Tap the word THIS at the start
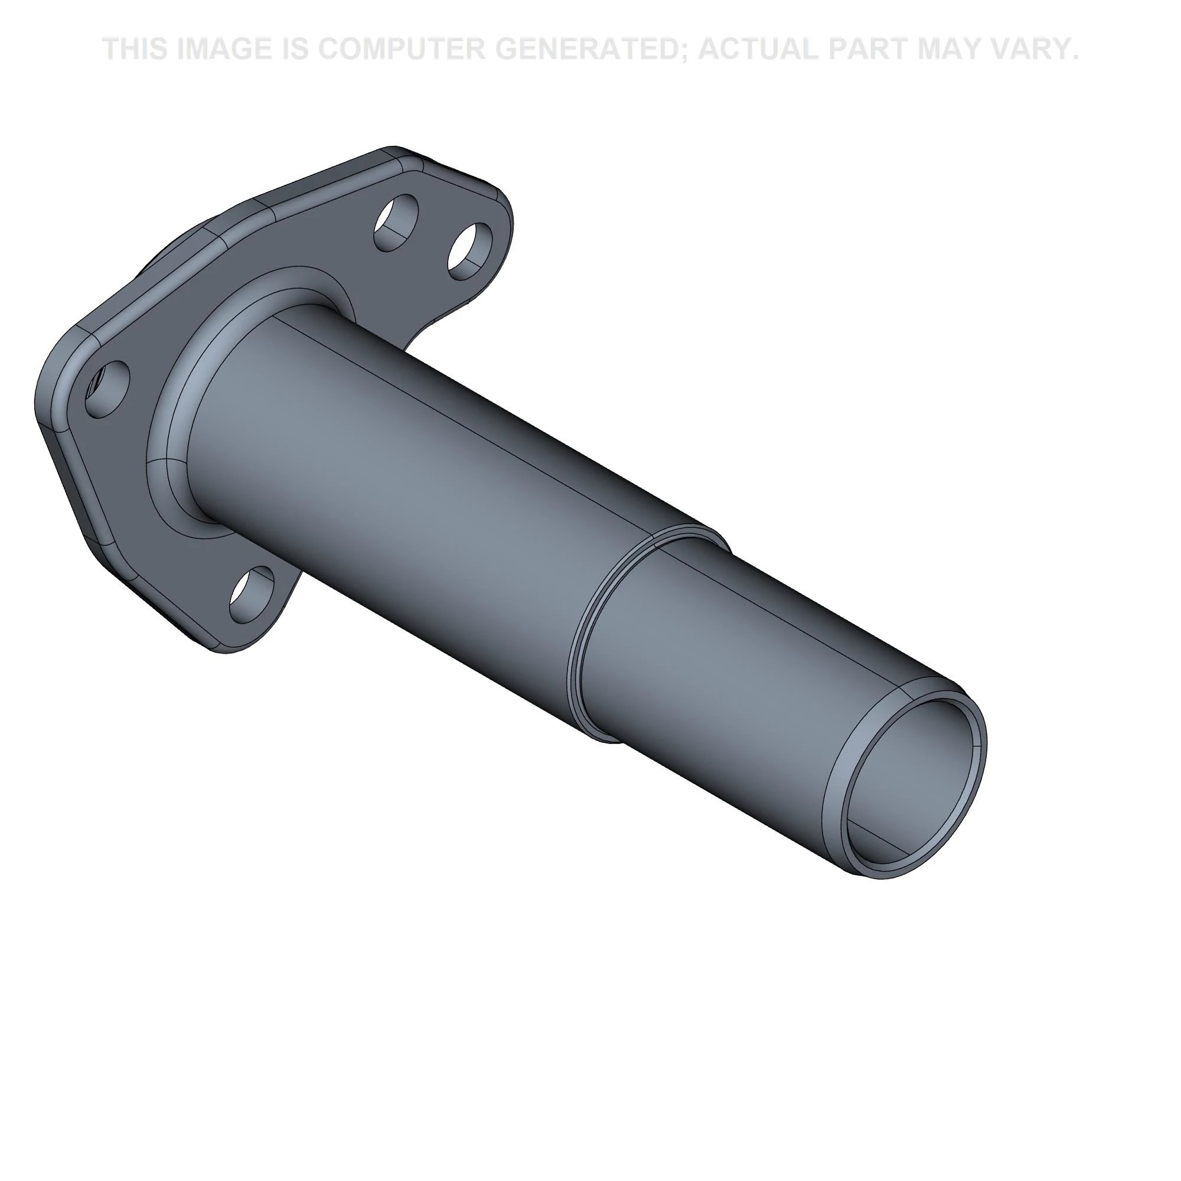pos(135,49)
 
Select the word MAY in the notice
pos(944,49)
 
